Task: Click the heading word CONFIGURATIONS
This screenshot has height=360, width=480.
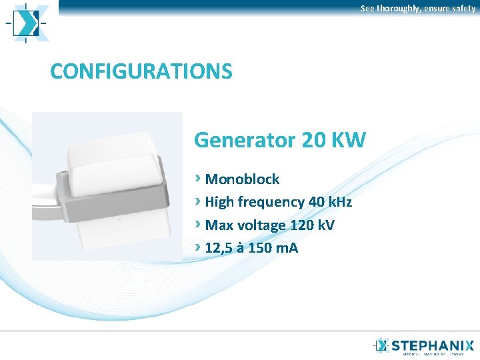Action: pos(141,71)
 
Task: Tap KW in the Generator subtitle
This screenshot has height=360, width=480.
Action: pos(349,140)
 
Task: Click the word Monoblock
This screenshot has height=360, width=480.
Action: pos(243,179)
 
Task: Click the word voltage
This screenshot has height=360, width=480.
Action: pos(263,225)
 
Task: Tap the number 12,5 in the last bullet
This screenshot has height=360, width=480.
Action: pos(221,248)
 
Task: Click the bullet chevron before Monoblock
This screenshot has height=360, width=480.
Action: pos(198,178)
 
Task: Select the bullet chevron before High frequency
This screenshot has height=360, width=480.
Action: pos(198,201)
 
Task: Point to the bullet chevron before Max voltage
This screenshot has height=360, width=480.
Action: pos(198,224)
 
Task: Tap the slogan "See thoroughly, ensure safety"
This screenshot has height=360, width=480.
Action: pos(418,9)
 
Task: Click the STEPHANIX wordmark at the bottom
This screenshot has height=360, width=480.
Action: pos(433,345)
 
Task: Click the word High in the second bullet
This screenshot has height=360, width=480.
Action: pos(219,202)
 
